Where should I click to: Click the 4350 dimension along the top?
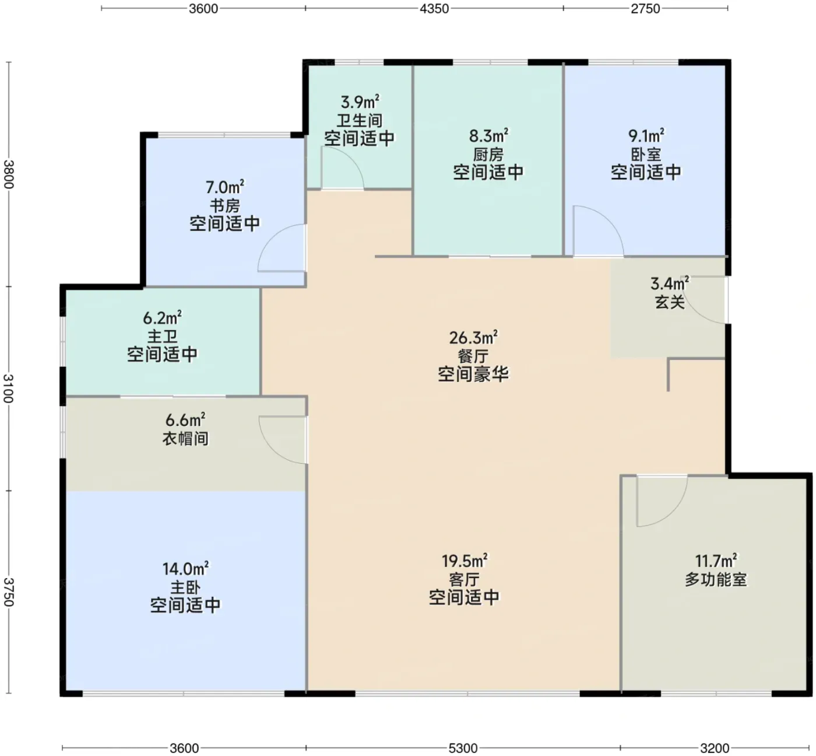[x=434, y=9]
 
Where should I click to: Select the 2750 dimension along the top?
[x=645, y=9]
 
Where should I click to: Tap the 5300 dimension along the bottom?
[x=463, y=748]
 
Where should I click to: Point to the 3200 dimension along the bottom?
[x=715, y=748]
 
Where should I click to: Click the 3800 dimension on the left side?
[x=9, y=174]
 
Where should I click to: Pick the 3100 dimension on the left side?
[x=9, y=388]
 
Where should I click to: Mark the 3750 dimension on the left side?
[x=9, y=592]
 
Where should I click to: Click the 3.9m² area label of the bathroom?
[x=360, y=101]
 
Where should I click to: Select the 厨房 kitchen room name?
[x=488, y=155]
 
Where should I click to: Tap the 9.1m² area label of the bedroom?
[x=646, y=135]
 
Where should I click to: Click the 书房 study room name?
[x=225, y=206]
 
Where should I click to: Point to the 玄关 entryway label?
[x=670, y=302]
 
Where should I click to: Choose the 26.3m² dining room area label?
[x=473, y=337]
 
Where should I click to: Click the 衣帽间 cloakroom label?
[x=185, y=439]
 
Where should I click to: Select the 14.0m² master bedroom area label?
[x=185, y=569]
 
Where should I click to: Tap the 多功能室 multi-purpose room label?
[x=716, y=579]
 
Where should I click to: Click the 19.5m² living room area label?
[x=465, y=561]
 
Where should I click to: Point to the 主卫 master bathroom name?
[x=162, y=337]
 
